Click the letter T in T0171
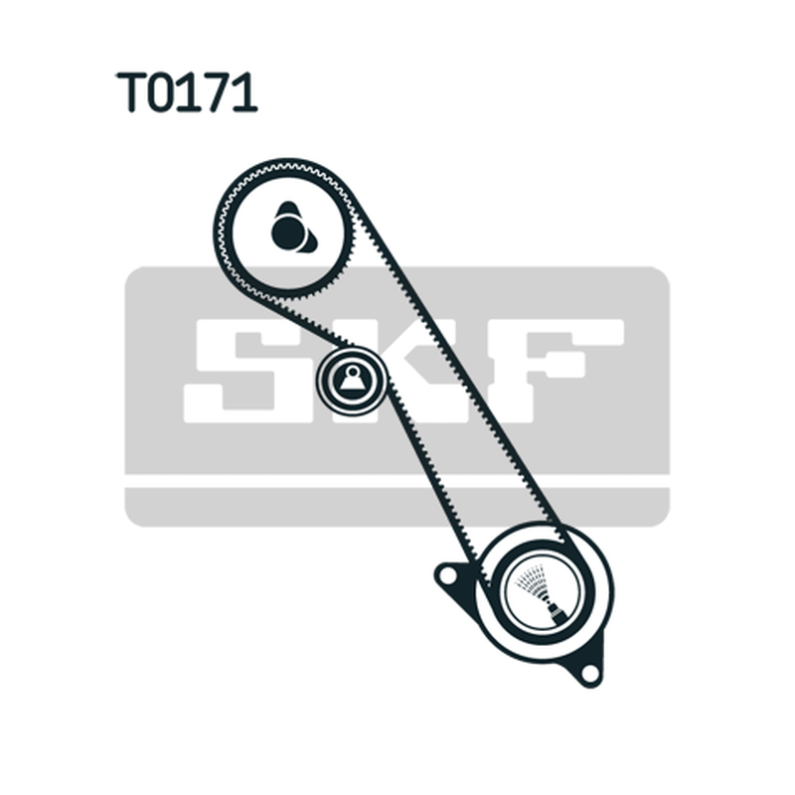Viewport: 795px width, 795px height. (x=132, y=91)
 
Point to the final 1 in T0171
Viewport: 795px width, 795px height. (x=245, y=91)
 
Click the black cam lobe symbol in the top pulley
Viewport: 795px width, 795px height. (x=292, y=229)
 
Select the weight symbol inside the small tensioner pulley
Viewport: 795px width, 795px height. (x=353, y=379)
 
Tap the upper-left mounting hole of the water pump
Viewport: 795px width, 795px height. (x=446, y=575)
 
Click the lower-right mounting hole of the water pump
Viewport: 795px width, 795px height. (x=589, y=673)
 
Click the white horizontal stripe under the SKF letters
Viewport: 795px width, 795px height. (x=397, y=481)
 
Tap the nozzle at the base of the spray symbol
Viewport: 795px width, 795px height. (x=556, y=612)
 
